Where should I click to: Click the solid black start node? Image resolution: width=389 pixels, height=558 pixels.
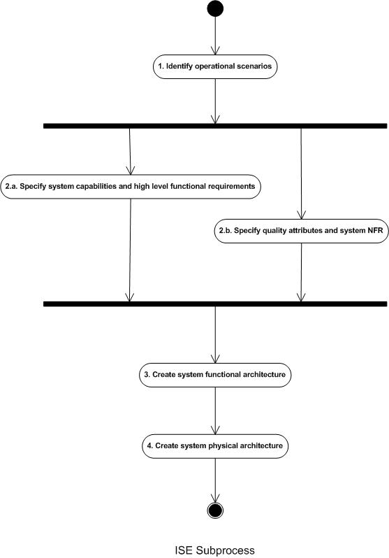coord(215,8)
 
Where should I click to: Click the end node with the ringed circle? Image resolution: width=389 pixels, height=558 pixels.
coord(215,510)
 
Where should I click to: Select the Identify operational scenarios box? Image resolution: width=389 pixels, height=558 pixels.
coord(215,66)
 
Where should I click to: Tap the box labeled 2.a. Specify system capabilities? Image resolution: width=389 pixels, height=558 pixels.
coord(131,187)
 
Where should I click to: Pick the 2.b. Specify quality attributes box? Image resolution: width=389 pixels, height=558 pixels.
coord(302,231)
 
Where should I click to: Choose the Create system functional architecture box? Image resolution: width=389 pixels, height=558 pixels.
coord(215,375)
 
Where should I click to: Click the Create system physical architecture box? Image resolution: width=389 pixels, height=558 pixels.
coord(215,446)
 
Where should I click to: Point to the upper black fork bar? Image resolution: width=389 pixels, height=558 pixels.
coord(215,126)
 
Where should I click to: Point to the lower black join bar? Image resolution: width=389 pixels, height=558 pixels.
coord(215,304)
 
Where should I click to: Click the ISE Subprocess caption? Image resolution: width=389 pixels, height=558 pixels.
coord(215,550)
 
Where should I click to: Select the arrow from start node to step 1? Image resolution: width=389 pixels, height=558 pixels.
coord(215,36)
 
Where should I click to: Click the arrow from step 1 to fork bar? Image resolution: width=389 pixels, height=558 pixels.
coord(215,101)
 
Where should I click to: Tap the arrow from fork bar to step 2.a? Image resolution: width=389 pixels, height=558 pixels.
coord(130,152)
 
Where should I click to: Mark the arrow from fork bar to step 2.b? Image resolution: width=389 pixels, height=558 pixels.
coord(301,173)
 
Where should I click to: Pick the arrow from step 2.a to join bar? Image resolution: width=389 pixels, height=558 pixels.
coord(130,250)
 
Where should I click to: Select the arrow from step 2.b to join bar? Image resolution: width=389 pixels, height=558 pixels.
coord(301,272)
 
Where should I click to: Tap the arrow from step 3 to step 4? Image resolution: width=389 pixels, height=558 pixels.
coord(215,410)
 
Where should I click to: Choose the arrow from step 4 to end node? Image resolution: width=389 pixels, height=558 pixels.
coord(215,480)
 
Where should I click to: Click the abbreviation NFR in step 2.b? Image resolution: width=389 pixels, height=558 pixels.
coord(375,231)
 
